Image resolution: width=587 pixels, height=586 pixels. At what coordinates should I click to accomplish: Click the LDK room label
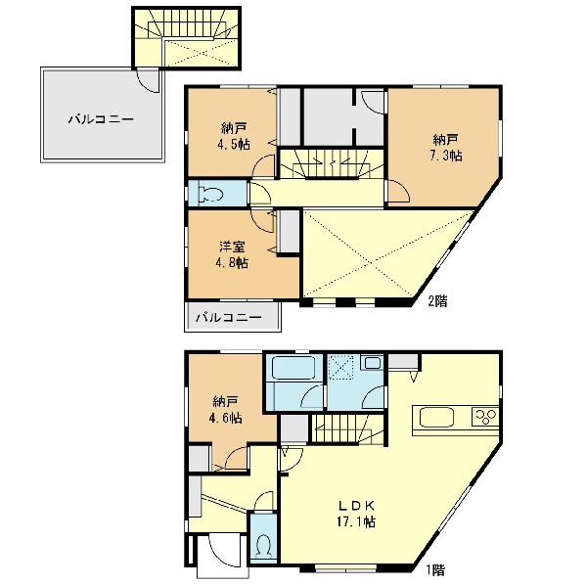tap(356, 506)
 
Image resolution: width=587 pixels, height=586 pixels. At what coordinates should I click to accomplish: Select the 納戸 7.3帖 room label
tap(446, 147)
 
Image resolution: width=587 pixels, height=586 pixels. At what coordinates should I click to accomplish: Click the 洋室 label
tap(232, 247)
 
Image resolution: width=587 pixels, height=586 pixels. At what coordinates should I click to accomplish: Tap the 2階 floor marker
tap(437, 300)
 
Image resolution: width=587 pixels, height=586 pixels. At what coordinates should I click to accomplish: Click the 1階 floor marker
tap(435, 569)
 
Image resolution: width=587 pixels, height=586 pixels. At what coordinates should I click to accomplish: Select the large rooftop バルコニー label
tap(101, 119)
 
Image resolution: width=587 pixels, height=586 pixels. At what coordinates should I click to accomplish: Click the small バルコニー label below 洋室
tap(229, 318)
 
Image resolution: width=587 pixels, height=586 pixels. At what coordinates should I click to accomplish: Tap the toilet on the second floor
tap(211, 194)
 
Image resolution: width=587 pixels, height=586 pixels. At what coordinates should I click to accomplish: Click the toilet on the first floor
tap(264, 547)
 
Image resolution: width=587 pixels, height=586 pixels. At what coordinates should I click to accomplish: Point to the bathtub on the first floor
tap(293, 367)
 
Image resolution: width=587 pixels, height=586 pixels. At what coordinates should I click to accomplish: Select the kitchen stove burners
tap(485, 417)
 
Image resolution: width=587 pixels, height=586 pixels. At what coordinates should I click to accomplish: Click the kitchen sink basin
tap(437, 417)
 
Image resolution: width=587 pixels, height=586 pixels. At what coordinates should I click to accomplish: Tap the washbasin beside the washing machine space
tap(372, 362)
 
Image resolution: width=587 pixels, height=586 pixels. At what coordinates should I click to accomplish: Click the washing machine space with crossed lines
tap(340, 367)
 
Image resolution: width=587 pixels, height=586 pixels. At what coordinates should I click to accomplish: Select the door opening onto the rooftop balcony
tap(149, 80)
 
